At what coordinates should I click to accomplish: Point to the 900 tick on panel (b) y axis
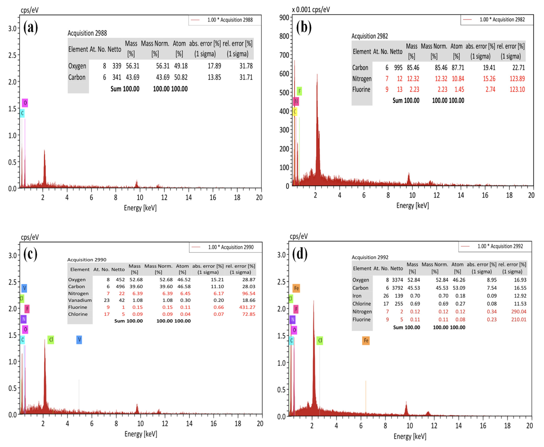click(x=284, y=17)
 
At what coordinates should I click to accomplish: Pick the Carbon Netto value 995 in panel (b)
click(x=398, y=68)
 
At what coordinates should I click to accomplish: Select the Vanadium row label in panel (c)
click(x=80, y=300)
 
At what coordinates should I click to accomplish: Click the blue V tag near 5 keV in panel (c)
click(x=79, y=340)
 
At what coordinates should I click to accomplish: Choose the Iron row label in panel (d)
click(x=357, y=296)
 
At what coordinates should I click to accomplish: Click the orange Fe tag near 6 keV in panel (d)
click(x=366, y=340)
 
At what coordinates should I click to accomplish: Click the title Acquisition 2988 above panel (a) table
click(x=87, y=33)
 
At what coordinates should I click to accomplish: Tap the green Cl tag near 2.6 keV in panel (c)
click(x=51, y=340)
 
